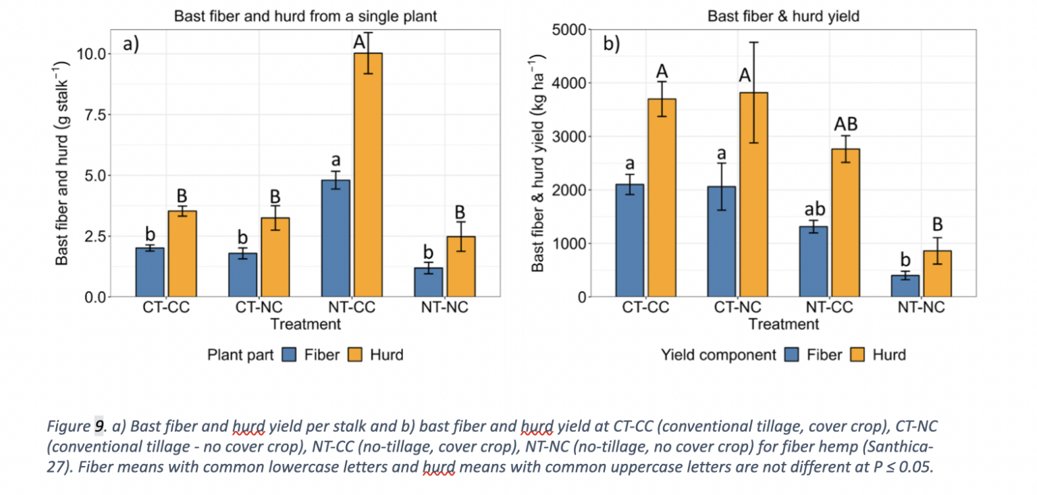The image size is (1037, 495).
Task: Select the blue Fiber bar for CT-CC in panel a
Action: tap(150, 272)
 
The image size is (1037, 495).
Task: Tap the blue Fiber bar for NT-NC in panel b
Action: tap(905, 286)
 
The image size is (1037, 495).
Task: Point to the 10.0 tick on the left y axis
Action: tap(92, 54)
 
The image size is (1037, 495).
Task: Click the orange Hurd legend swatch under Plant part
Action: tap(356, 355)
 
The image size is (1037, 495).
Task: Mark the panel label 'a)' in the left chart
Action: tap(130, 45)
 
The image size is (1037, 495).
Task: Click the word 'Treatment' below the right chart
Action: tap(783, 324)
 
